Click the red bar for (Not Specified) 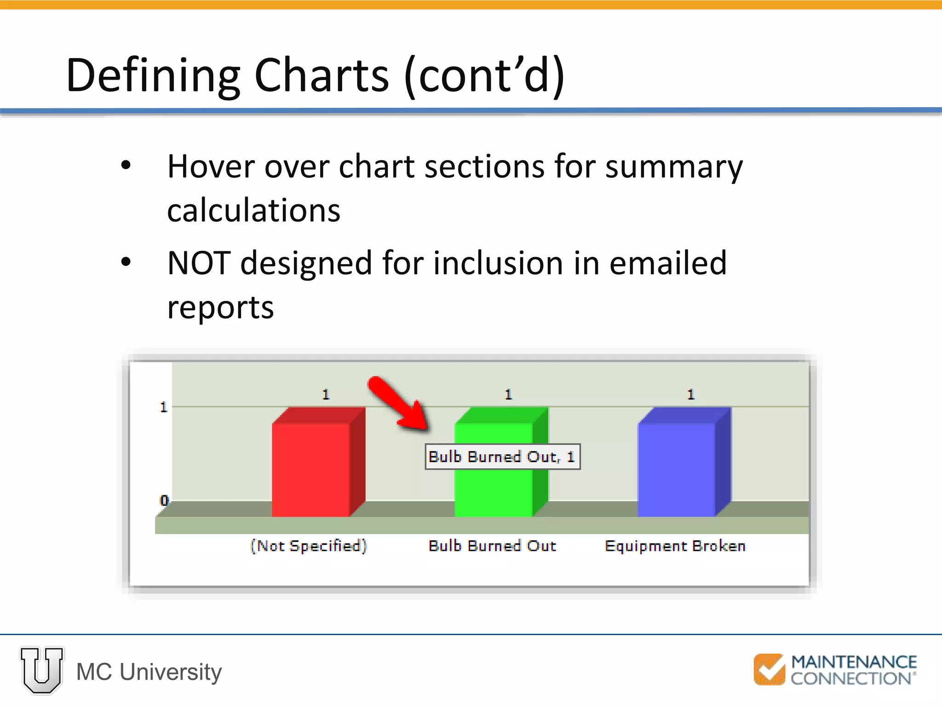click(x=312, y=469)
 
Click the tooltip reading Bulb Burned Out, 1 click(x=502, y=457)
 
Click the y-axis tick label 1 click(x=163, y=407)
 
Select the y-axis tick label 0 click(x=164, y=500)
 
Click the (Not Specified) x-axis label click(x=309, y=546)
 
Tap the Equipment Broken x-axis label click(x=675, y=546)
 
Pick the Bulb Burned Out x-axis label click(x=492, y=546)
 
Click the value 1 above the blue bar click(x=690, y=394)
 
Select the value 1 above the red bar click(x=326, y=394)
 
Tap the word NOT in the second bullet click(x=199, y=263)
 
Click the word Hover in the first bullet click(x=210, y=166)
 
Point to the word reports click(x=220, y=307)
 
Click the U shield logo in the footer click(x=42, y=670)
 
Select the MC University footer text click(x=149, y=672)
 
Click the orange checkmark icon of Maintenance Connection click(x=769, y=669)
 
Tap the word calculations click(x=253, y=210)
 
